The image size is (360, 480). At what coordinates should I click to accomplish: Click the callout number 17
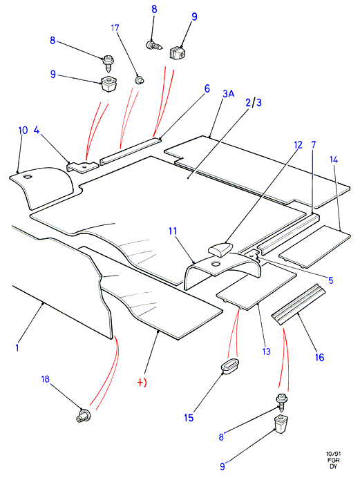(x=115, y=28)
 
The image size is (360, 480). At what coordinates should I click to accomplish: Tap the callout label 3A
(x=228, y=93)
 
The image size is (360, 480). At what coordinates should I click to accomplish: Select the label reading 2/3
(x=254, y=102)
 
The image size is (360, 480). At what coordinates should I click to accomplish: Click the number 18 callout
(x=46, y=379)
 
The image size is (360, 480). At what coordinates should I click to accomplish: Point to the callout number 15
(x=189, y=418)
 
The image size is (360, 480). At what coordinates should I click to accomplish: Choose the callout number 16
(x=319, y=357)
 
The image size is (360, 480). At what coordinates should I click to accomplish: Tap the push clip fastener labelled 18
(x=83, y=416)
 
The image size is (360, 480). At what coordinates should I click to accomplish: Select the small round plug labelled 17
(x=140, y=80)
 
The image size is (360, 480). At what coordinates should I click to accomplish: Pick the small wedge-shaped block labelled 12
(x=220, y=248)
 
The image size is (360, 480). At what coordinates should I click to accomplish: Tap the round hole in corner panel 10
(x=28, y=177)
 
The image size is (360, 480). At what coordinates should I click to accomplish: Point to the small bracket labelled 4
(x=83, y=167)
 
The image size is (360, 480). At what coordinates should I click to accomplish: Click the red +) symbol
(x=142, y=383)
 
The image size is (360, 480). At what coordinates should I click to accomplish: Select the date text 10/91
(x=333, y=454)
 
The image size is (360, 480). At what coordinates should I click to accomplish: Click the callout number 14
(x=334, y=160)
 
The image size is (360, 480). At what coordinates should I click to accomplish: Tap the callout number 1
(x=17, y=347)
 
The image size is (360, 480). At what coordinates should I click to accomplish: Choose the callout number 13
(x=267, y=352)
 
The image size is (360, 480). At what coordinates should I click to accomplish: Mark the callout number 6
(x=207, y=89)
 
